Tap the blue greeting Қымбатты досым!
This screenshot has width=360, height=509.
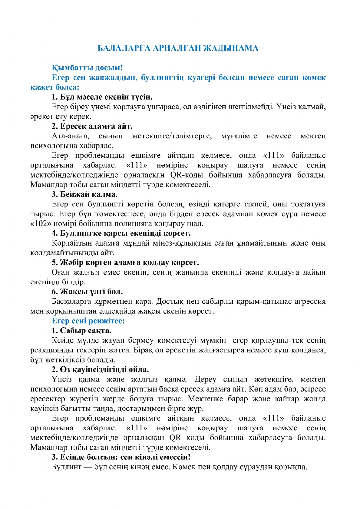coord(87,68)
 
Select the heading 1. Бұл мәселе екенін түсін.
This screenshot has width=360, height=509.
coord(102,97)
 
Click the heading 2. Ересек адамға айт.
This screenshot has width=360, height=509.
coord(92,126)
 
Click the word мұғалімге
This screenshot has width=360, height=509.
coord(239,136)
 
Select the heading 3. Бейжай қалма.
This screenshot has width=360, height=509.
coord(85,194)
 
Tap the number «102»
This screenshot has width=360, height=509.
coord(41,224)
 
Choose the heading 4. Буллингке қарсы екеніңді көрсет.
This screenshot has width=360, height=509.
coord(121,234)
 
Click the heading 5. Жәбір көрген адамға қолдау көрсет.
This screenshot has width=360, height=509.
coord(125,263)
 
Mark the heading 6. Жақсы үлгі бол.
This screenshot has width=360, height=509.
coord(87,292)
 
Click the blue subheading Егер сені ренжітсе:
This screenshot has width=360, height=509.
coord(88,321)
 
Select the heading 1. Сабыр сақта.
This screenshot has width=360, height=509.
coord(81,331)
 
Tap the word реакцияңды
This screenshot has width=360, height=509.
coord(53,350)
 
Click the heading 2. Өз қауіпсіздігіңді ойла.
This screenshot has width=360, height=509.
coord(100,370)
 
